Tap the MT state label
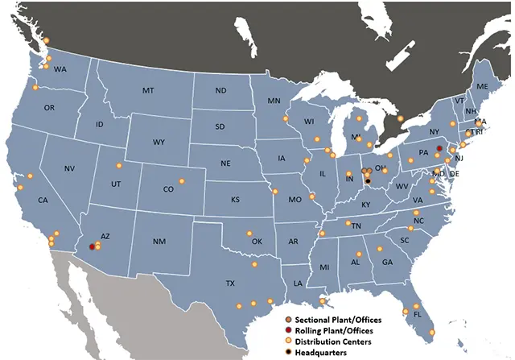coord(148,91)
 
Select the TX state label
coord(230,283)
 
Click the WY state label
coord(159,143)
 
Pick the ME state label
coord(482,86)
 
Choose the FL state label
coord(417,315)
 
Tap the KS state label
coord(236,199)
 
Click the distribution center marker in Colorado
coord(182,180)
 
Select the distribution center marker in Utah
coord(119,167)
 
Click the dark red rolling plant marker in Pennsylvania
coord(439,148)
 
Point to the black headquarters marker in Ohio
coord(367,181)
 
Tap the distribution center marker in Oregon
coord(35,86)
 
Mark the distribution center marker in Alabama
coord(360,254)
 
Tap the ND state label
coord(220,91)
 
